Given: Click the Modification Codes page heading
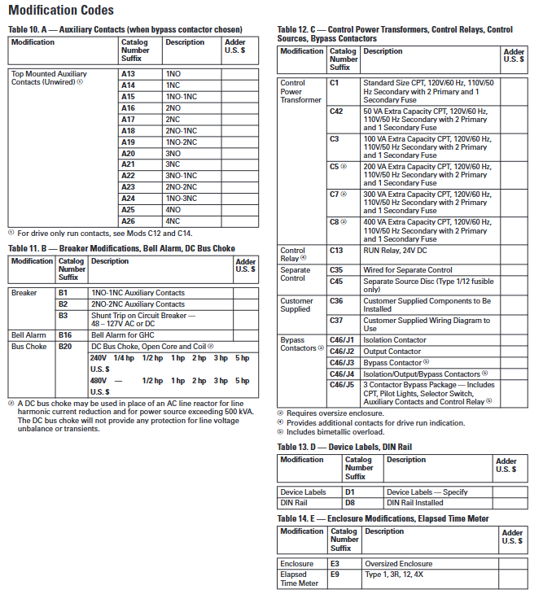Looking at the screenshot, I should click(x=61, y=11).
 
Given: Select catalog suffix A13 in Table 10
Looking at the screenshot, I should click(x=128, y=74).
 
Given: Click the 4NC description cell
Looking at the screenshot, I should click(x=173, y=221).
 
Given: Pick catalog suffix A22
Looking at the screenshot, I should click(x=128, y=175).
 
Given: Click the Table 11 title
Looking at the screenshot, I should click(x=121, y=248).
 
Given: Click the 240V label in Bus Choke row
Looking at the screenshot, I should click(x=98, y=358).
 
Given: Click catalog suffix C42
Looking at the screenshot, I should click(x=336, y=111).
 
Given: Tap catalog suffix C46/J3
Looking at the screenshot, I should click(x=341, y=362).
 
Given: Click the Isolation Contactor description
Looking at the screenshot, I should click(x=395, y=340).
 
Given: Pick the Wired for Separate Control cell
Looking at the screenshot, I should click(x=407, y=269).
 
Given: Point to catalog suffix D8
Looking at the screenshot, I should click(x=350, y=503).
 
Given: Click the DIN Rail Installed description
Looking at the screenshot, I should click(x=415, y=503).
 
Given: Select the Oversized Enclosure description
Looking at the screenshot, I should click(x=398, y=563).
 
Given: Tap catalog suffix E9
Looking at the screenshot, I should click(x=335, y=574).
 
